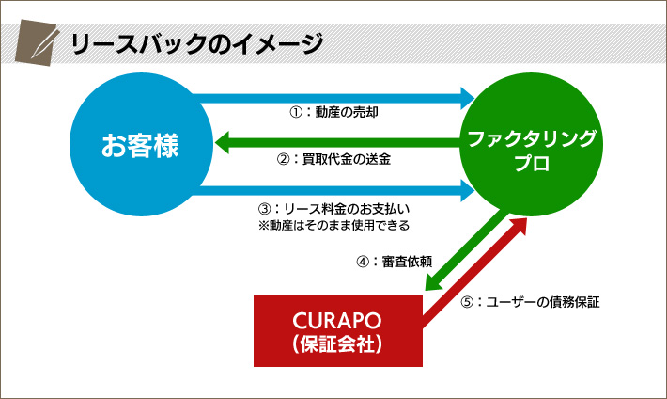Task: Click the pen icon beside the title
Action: click(37, 42)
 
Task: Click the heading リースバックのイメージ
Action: click(196, 43)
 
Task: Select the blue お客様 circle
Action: click(141, 145)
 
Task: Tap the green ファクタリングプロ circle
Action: click(532, 145)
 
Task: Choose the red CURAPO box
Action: click(338, 331)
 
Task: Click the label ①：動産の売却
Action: click(333, 112)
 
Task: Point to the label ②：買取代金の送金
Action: click(333, 159)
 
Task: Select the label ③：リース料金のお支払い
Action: click(333, 209)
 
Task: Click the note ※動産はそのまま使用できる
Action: click(333, 225)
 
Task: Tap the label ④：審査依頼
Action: click(395, 262)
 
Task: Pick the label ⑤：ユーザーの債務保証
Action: click(530, 302)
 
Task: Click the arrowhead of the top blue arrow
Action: click(468, 99)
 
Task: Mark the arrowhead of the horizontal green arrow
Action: click(222, 142)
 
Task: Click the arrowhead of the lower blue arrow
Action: click(468, 190)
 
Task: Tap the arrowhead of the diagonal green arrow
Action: click(433, 281)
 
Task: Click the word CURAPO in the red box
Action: click(337, 321)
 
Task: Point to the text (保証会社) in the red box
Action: click(337, 344)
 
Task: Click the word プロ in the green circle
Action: click(532, 163)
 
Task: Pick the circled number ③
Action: click(264, 209)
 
